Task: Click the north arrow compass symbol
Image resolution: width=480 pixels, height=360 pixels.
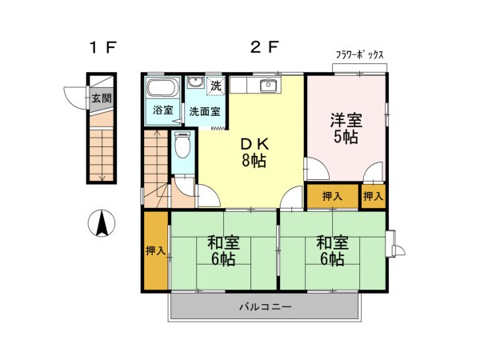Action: click(102, 223)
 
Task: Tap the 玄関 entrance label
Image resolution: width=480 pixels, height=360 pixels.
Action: click(102, 98)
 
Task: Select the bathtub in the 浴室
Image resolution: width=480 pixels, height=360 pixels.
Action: click(163, 87)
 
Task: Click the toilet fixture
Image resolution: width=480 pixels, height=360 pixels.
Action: click(182, 145)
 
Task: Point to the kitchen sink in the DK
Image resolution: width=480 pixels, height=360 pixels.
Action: click(269, 85)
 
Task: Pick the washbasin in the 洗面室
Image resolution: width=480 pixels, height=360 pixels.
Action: click(195, 82)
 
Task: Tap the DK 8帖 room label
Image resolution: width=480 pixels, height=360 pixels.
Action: click(254, 152)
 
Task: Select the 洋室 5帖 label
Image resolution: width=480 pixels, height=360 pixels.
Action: click(346, 128)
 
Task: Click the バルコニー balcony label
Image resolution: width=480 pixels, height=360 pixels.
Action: click(265, 306)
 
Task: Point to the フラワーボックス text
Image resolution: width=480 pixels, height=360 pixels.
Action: click(360, 55)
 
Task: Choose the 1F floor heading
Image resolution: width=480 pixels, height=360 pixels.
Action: click(103, 47)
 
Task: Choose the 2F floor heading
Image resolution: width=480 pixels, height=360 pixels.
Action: click(265, 47)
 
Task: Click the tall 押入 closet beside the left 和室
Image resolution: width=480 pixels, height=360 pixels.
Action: click(156, 250)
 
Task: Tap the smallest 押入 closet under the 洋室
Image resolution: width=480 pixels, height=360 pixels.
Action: click(373, 196)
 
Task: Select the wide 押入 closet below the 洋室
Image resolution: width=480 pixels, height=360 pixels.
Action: click(333, 196)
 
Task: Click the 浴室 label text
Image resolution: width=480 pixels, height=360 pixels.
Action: click(163, 110)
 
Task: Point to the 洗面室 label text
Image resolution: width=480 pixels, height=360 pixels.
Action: click(205, 112)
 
